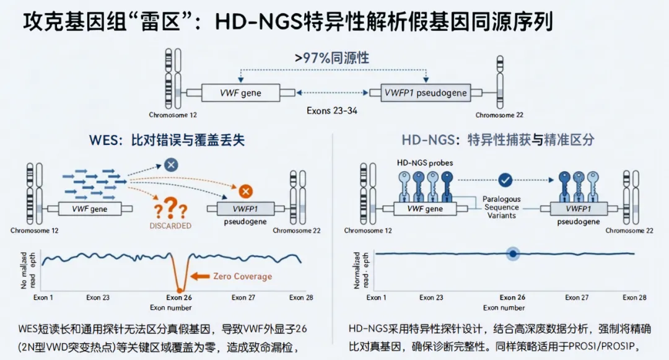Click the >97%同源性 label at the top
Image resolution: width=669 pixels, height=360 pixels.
(332, 58)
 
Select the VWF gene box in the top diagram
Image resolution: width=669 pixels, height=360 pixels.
(240, 93)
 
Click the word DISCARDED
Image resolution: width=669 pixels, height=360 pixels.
(170, 226)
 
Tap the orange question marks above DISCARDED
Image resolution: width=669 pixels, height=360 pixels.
(170, 208)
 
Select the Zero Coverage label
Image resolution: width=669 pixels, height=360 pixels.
(242, 276)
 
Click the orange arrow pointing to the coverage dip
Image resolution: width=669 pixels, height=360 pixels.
(200, 276)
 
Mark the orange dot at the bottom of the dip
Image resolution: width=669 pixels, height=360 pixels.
(179, 289)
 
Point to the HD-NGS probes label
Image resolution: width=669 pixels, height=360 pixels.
(424, 163)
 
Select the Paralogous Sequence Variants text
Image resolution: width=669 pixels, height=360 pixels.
(502, 207)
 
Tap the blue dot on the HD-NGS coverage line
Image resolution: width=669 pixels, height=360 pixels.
(513, 253)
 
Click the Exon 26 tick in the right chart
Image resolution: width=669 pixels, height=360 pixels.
(512, 298)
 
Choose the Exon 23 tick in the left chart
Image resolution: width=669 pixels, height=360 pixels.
(98, 298)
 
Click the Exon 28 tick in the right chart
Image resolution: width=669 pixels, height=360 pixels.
(634, 298)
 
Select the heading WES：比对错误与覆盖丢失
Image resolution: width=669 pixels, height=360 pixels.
(167, 140)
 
